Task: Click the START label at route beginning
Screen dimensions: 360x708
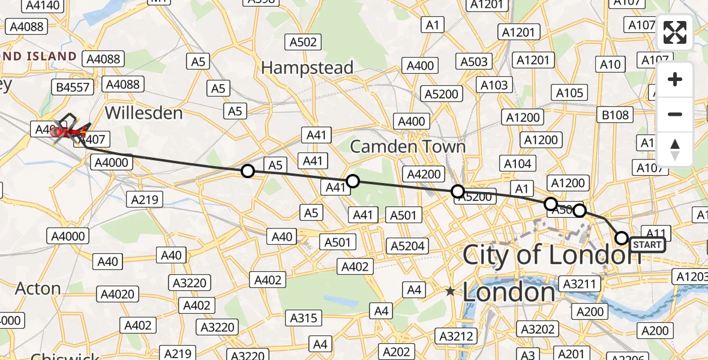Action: coord(647,245)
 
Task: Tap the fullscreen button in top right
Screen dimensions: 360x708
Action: coord(675,32)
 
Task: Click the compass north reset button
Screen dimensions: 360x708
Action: coord(675,149)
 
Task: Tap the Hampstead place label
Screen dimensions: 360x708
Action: coord(307,68)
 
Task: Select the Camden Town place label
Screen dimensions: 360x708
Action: coord(407,146)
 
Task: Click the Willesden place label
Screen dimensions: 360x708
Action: coord(143,113)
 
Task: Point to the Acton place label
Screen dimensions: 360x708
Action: coord(38,289)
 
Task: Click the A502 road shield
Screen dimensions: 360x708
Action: coord(302,42)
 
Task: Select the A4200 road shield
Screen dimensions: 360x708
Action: coord(424,174)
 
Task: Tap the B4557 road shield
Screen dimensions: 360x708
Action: coord(73,87)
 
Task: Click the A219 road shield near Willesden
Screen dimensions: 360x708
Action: coord(146,199)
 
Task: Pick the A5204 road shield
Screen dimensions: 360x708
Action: coord(407,245)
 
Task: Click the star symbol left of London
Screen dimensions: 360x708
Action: coord(450,291)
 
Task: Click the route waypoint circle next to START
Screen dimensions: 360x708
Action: coord(622,238)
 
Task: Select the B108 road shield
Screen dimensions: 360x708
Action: coord(616,115)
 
